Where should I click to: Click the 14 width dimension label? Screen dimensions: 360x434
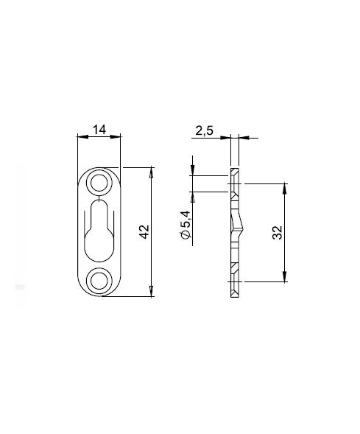pyautogui.click(x=99, y=130)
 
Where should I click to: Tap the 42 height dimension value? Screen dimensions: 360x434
pyautogui.click(x=144, y=231)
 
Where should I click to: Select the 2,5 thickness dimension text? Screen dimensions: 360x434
pyautogui.click(x=205, y=130)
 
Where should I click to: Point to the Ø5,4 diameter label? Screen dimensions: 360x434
pyautogui.click(x=186, y=225)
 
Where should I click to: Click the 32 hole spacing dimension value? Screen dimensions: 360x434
pyautogui.click(x=278, y=233)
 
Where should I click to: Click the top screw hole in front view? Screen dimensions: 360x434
pyautogui.click(x=99, y=183)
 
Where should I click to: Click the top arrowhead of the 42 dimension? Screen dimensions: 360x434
pyautogui.click(x=151, y=172)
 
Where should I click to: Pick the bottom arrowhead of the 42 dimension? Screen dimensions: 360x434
pyautogui.click(x=151, y=292)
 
